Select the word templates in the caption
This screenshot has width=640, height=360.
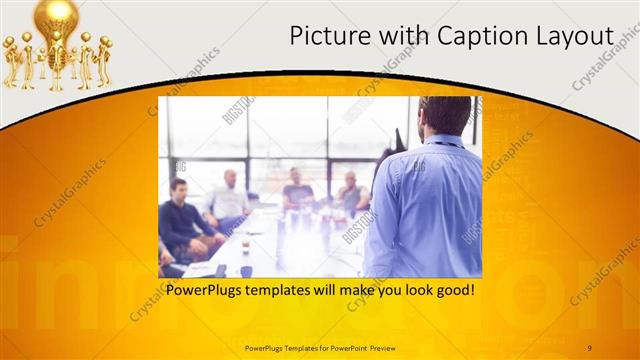(286, 291)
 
